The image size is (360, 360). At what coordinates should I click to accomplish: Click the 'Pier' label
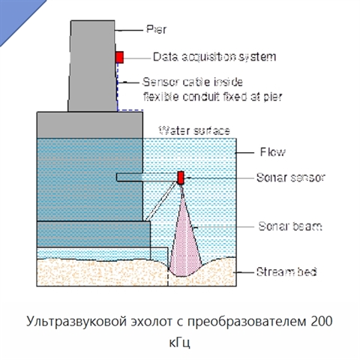[x=156, y=29]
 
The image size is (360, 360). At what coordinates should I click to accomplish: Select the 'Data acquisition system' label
[x=214, y=57]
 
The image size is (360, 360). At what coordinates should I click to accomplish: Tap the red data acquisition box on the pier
[x=119, y=57]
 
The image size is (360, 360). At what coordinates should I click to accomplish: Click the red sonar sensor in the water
[x=181, y=178]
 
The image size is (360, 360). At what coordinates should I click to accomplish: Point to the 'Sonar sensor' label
[x=291, y=178]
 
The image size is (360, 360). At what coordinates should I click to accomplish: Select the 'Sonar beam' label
[x=290, y=226]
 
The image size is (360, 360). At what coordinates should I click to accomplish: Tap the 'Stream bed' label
[x=286, y=271]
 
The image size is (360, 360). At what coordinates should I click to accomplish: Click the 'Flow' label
[x=272, y=152]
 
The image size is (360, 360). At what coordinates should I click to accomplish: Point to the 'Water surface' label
[x=194, y=130]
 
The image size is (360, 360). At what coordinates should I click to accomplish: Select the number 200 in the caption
[x=322, y=321]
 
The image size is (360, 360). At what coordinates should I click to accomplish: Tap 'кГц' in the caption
[x=179, y=343]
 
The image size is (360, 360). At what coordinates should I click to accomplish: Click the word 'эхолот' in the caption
[x=152, y=322]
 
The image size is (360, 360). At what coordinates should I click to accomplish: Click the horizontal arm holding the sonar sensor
[x=147, y=177]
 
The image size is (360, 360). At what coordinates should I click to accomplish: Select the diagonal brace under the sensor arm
[x=160, y=201]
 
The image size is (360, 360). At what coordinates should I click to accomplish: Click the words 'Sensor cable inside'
[x=193, y=82]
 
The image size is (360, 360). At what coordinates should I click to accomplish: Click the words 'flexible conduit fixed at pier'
[x=213, y=97]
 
